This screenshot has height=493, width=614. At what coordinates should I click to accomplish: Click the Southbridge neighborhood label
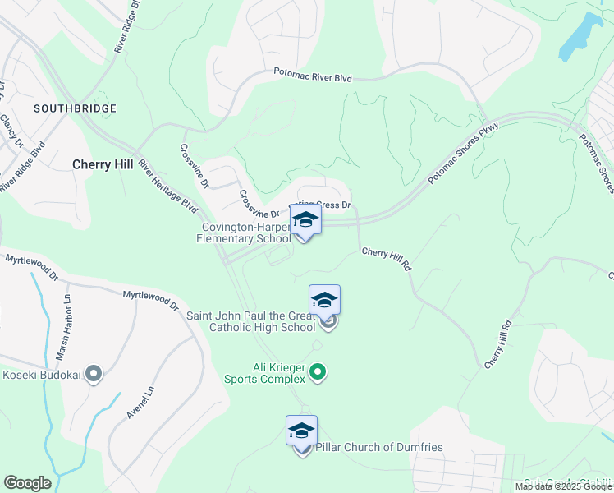(75, 108)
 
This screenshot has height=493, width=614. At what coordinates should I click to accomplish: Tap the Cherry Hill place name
(103, 164)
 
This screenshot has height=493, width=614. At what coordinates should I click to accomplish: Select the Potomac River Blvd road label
(313, 76)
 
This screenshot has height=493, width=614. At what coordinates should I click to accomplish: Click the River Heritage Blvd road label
(168, 186)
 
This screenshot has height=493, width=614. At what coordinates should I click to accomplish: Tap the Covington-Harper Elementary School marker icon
(305, 219)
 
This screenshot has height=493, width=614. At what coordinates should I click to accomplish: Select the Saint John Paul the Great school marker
(325, 300)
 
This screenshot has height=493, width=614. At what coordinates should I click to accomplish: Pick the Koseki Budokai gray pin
(93, 375)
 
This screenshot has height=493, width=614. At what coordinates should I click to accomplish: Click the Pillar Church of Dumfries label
(379, 448)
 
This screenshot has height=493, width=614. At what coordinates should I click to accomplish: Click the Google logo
(27, 483)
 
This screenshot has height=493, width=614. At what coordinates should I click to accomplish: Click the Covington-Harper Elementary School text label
(244, 233)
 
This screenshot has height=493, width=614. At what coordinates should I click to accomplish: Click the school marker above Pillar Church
(301, 430)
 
